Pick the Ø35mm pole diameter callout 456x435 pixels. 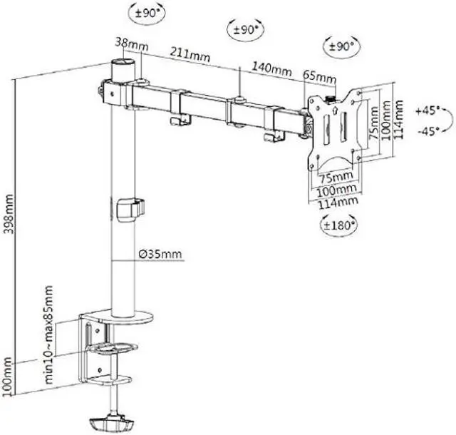click(160, 254)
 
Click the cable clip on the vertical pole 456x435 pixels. click(128, 210)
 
